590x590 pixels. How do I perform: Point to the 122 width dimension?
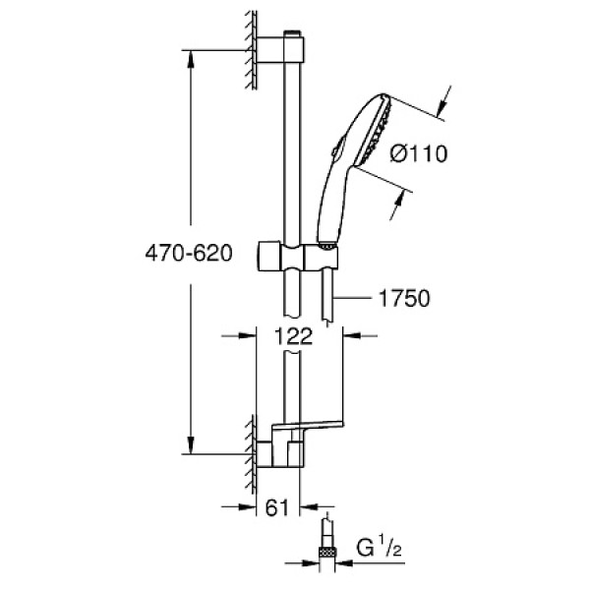pyautogui.click(x=287, y=335)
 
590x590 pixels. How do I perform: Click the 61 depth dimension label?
pyautogui.click(x=279, y=507)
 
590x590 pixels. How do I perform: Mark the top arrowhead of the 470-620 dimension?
pyautogui.click(x=191, y=51)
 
